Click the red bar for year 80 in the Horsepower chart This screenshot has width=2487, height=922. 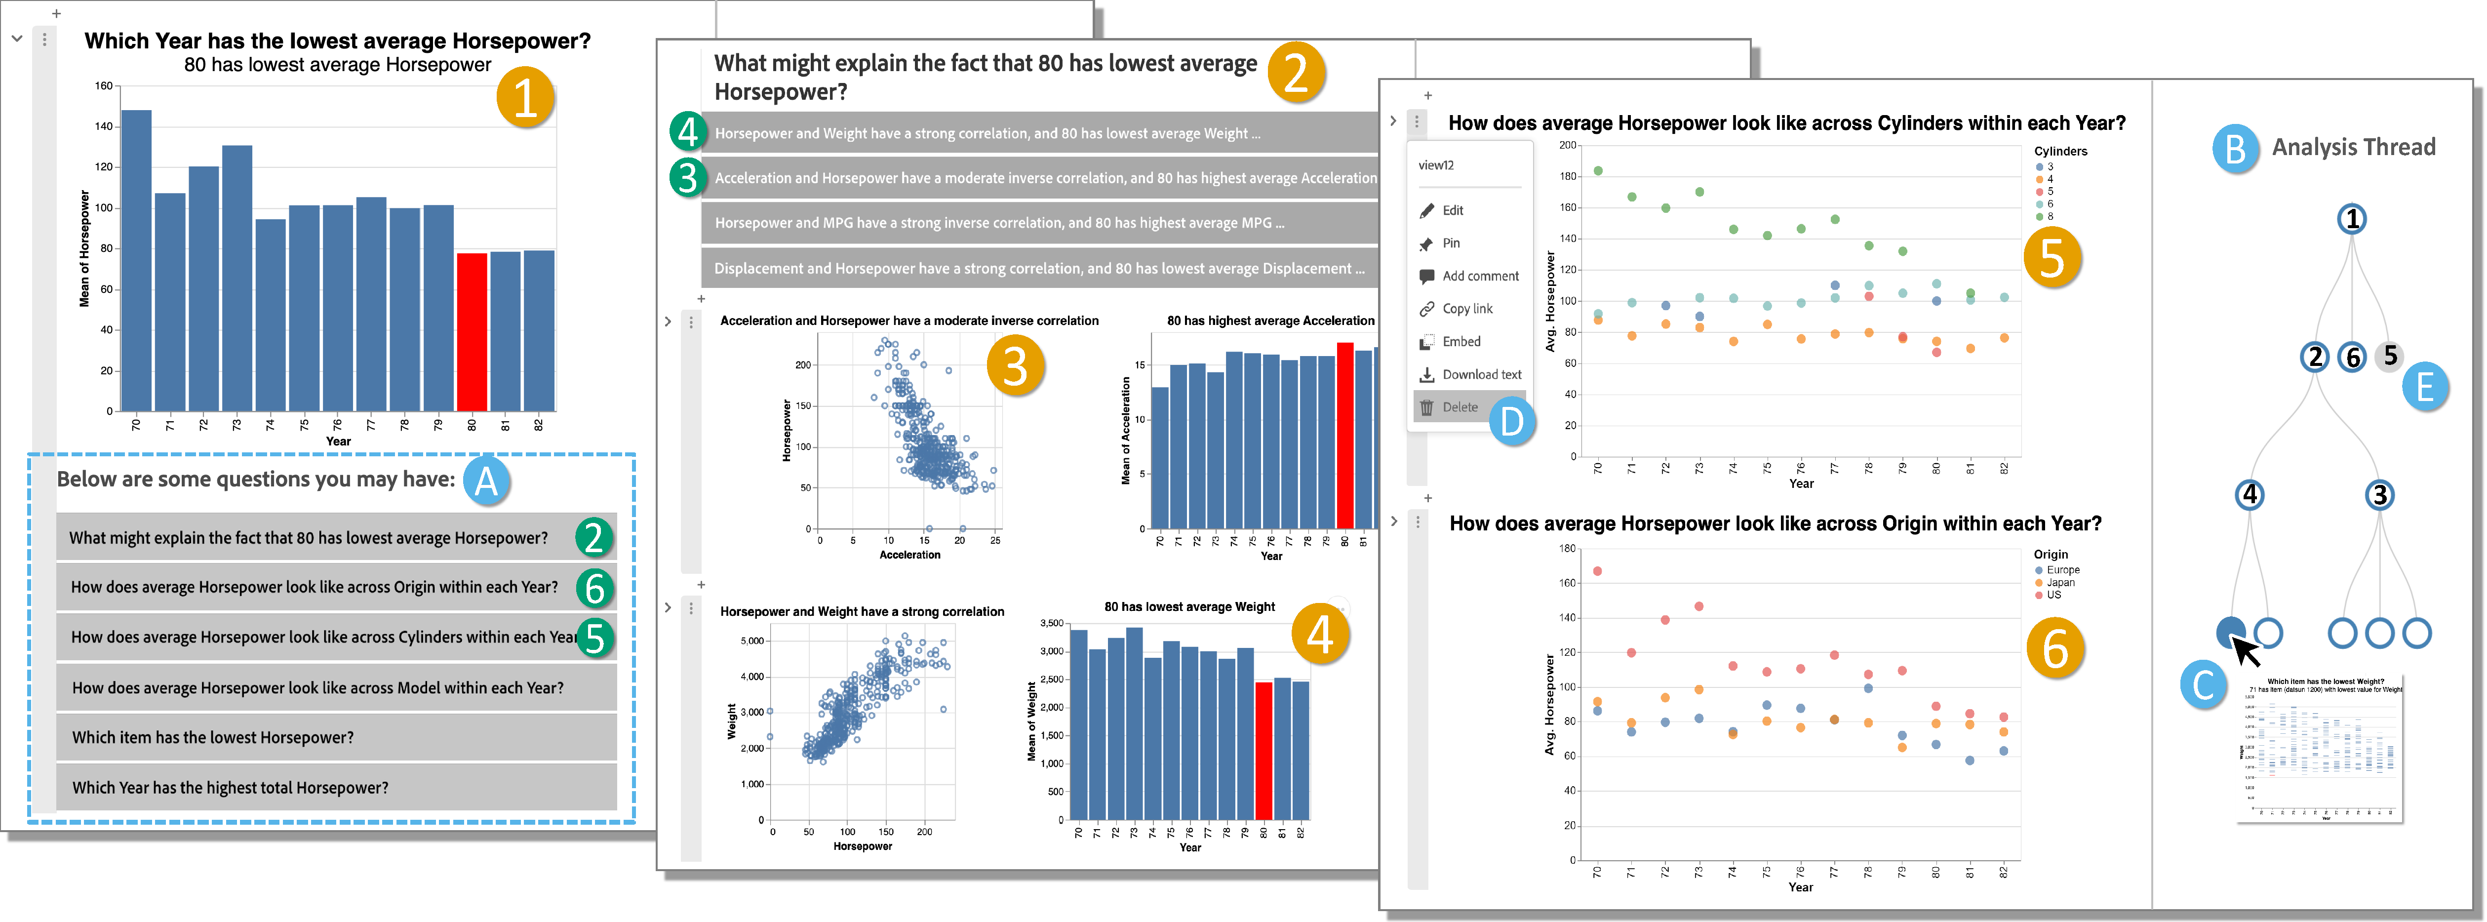coord(471,331)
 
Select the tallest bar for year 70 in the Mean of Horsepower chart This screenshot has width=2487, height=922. coord(136,261)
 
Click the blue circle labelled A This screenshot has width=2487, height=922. coord(486,480)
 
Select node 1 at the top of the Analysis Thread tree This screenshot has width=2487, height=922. coord(2352,219)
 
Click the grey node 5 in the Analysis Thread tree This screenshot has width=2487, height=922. coord(2390,356)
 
